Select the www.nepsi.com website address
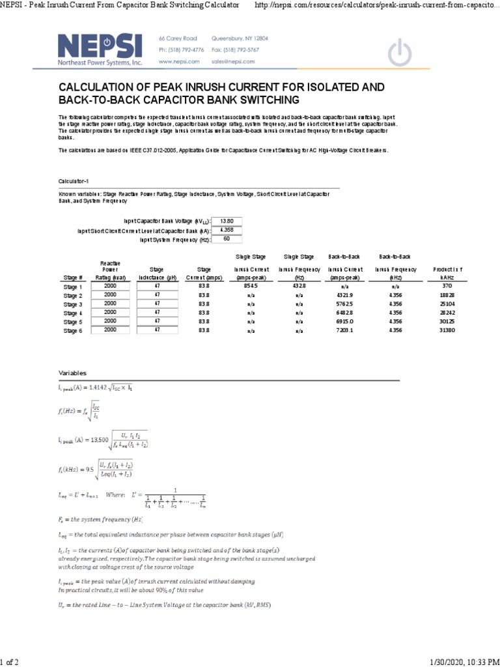coord(178,61)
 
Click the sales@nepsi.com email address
coord(232,61)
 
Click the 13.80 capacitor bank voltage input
coord(227,221)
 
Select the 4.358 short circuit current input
coord(227,230)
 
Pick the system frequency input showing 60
coord(227,239)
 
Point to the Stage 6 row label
coord(73,330)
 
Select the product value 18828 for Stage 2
coord(447,295)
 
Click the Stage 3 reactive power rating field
coord(110,304)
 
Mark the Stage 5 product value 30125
coord(447,322)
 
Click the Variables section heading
coord(72,373)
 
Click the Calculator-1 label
coord(73,181)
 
